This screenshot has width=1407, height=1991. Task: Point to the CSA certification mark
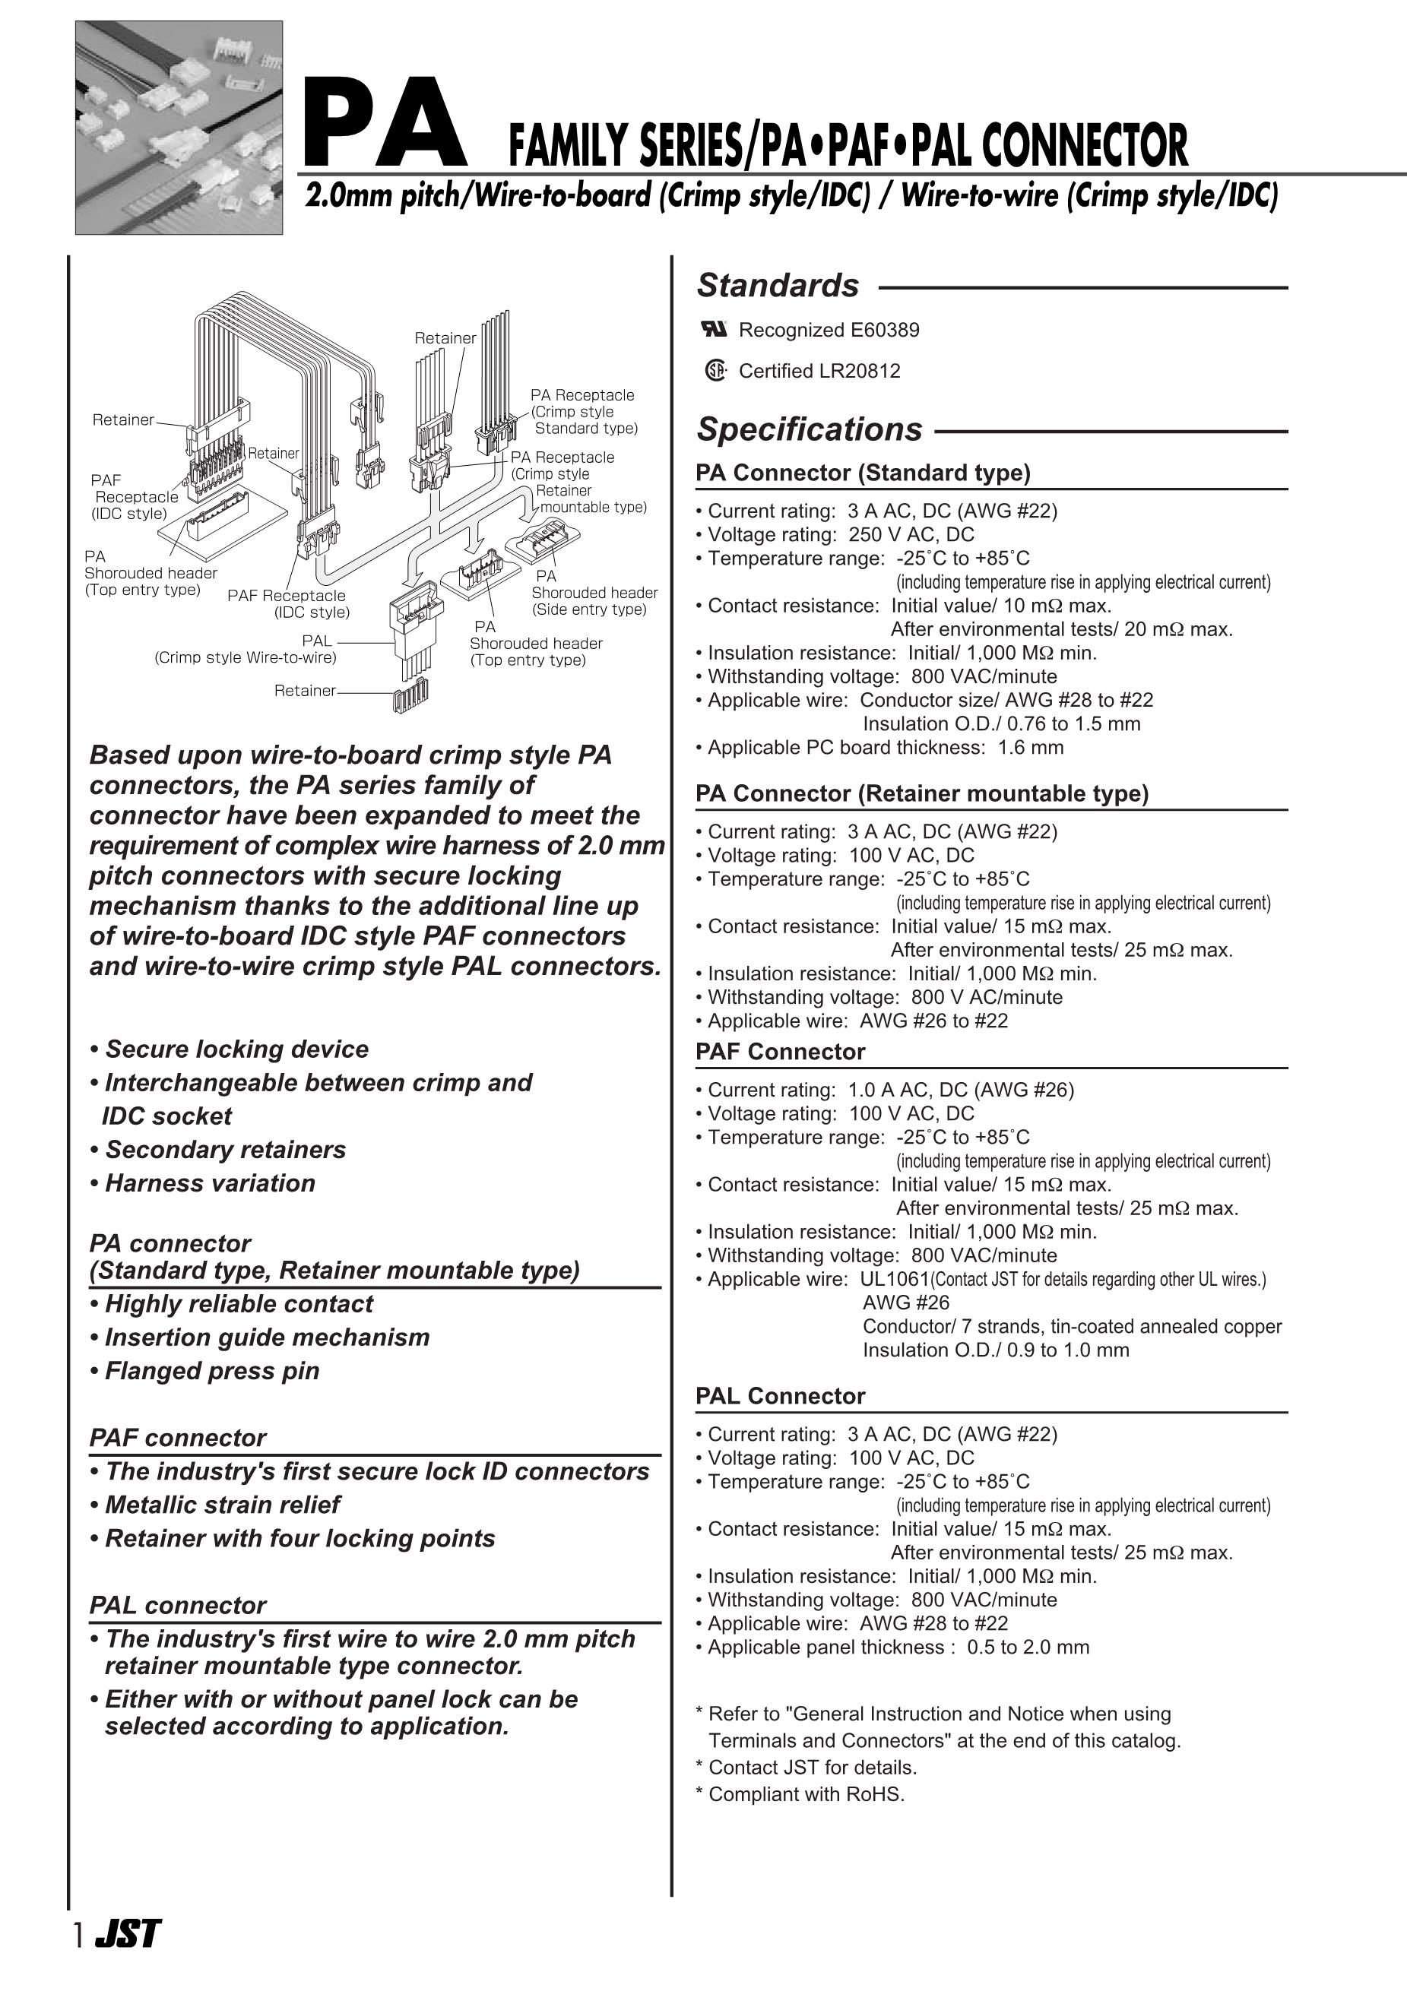[715, 371]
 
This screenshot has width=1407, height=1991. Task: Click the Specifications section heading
[809, 430]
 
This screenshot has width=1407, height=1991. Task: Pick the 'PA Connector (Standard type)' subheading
[862, 473]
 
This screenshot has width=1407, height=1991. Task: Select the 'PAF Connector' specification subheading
[780, 1052]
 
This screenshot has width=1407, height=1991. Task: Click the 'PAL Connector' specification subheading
[780, 1396]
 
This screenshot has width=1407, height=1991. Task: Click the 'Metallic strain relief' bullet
[221, 1505]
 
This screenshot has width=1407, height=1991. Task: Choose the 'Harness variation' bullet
[209, 1184]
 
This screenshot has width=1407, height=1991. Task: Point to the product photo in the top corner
[179, 128]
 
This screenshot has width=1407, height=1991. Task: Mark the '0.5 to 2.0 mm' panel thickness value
[1028, 1648]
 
